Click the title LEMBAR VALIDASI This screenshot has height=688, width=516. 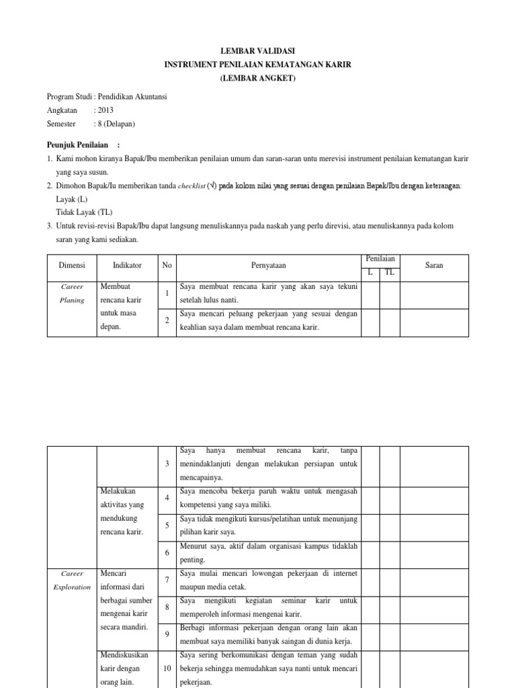click(259, 51)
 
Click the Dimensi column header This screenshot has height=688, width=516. click(71, 265)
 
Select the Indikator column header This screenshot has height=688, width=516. click(127, 265)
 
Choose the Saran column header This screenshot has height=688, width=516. click(434, 265)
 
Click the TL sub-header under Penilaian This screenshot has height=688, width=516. click(390, 272)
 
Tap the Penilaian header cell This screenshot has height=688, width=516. click(380, 259)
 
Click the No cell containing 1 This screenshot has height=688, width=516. click(167, 293)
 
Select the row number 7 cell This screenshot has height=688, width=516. click(167, 579)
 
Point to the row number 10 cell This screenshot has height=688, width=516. click(167, 668)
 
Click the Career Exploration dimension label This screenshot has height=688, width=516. click(71, 580)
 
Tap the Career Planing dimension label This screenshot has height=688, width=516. click(71, 293)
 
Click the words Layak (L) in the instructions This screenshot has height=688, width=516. click(73, 200)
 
